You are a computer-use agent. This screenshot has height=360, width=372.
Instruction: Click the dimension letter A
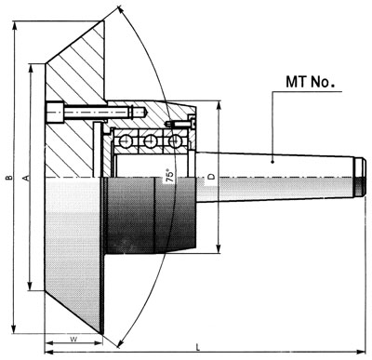click(x=27, y=175)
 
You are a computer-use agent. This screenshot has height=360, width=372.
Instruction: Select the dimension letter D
click(x=212, y=175)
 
